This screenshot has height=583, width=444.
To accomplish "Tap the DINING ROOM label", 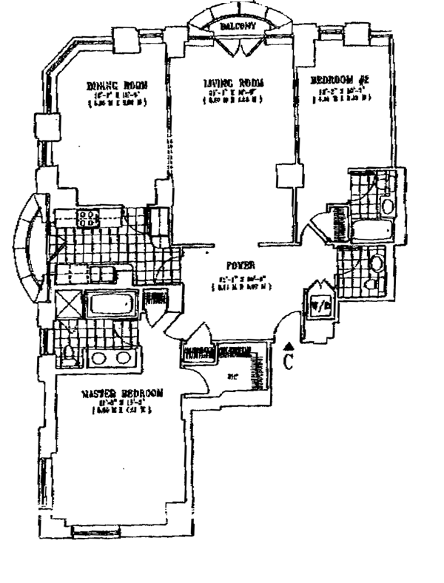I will (x=116, y=86).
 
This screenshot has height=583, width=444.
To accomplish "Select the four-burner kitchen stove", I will (x=89, y=217).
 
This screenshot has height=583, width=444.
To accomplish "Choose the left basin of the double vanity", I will (x=99, y=360).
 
